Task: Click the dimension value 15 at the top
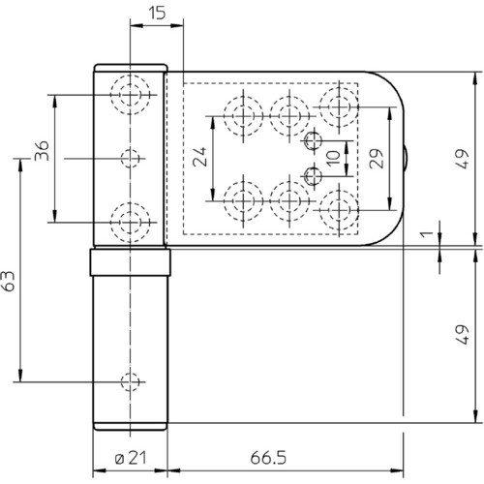(x=157, y=13)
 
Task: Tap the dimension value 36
(x=42, y=151)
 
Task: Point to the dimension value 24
(x=199, y=157)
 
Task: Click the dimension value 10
(x=333, y=158)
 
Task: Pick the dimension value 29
(x=377, y=159)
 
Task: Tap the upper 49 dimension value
(x=463, y=159)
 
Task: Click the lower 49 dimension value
(x=463, y=335)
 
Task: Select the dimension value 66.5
(x=268, y=458)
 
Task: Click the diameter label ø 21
(x=131, y=458)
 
